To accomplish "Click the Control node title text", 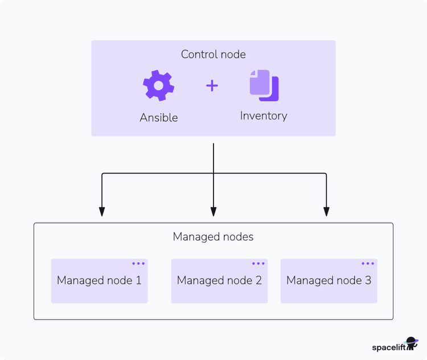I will [213, 55].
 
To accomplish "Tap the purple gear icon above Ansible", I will [158, 86].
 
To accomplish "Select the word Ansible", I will [159, 118].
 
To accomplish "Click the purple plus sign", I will [212, 86].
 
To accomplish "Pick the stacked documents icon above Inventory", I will [264, 85].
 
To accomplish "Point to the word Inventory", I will [264, 116].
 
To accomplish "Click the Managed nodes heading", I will [213, 237].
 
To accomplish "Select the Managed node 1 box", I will [99, 281].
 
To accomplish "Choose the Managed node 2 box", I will [219, 281].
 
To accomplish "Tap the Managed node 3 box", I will [329, 281].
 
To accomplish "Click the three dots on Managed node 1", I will [138, 264].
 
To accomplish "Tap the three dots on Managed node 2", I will [258, 264].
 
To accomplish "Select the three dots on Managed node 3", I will [368, 264].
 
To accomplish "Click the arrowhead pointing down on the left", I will [102, 212].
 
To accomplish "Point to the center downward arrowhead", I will [213, 212].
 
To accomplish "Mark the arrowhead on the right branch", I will [326, 212].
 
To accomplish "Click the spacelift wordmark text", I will [388, 347].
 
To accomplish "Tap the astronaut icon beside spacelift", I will [412, 344].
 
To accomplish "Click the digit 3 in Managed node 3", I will [368, 280].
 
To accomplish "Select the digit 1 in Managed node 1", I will [138, 280].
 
